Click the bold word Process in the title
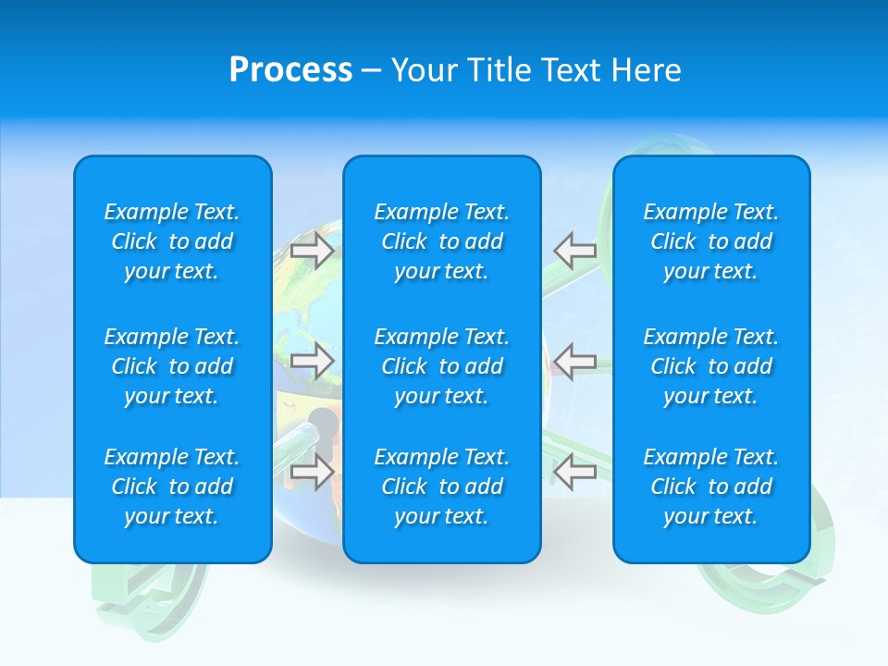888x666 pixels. pos(290,70)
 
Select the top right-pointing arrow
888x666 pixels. pos(313,250)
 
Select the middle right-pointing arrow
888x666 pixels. pos(313,361)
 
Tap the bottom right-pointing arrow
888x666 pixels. pos(313,472)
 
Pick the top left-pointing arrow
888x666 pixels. pos(575,250)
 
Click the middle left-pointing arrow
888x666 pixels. pos(575,361)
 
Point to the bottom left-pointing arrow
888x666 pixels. pos(575,472)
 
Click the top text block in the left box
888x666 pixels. pos(172,241)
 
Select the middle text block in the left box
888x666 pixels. pos(172,366)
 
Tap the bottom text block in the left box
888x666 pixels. pos(172,487)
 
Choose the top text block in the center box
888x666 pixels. pos(441,241)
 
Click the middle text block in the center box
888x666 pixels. pos(441,366)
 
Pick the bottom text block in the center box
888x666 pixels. pos(441,487)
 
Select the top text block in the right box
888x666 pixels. pos(710,241)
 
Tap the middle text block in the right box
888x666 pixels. pos(710,366)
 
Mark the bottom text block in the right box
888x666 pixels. pos(710,487)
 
